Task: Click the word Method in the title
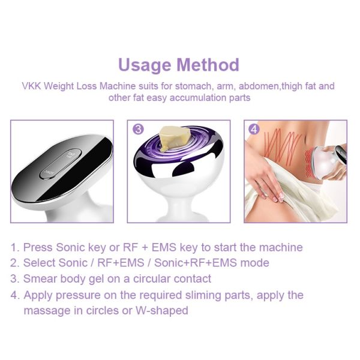(x=208, y=65)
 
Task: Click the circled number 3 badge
(x=138, y=129)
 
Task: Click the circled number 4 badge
(x=254, y=129)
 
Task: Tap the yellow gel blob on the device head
(x=175, y=139)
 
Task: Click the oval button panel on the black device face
(x=61, y=163)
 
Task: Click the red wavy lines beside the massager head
(x=309, y=164)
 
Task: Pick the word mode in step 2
(x=254, y=263)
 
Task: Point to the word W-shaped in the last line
(x=162, y=311)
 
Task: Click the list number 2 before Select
(x=15, y=263)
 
